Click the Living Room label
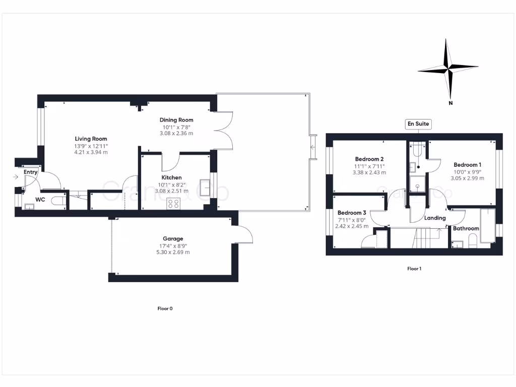pos(91,139)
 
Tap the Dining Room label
pos(176,120)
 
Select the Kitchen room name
pos(171,178)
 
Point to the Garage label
pos(173,239)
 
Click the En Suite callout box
pos(419,124)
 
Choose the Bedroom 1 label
pos(467,165)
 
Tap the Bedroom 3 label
pos(352,213)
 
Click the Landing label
pos(434,218)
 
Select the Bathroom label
pos(466,229)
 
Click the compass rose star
pos(448,67)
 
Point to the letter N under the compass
pos(450,104)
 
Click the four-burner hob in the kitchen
pos(174,204)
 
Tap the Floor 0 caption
pos(165,308)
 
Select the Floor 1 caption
pos(414,269)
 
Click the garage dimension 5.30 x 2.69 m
pos(173,252)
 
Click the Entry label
pos(31,172)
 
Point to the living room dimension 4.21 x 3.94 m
pos(91,152)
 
